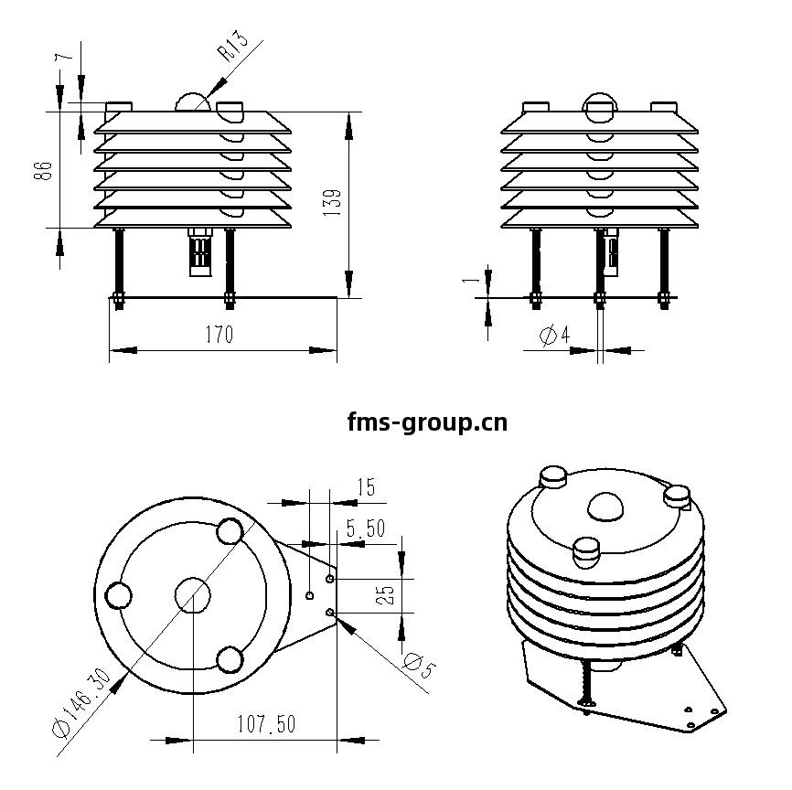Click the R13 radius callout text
[x=232, y=46]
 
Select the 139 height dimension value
[x=332, y=203]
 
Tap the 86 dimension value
[x=43, y=171]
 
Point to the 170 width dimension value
[x=219, y=335]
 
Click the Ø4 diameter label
[x=554, y=335]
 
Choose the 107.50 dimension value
[x=266, y=724]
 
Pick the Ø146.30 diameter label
[x=80, y=703]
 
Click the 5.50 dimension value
[x=366, y=528]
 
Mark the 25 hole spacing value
[x=386, y=595]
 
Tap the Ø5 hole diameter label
[x=419, y=665]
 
